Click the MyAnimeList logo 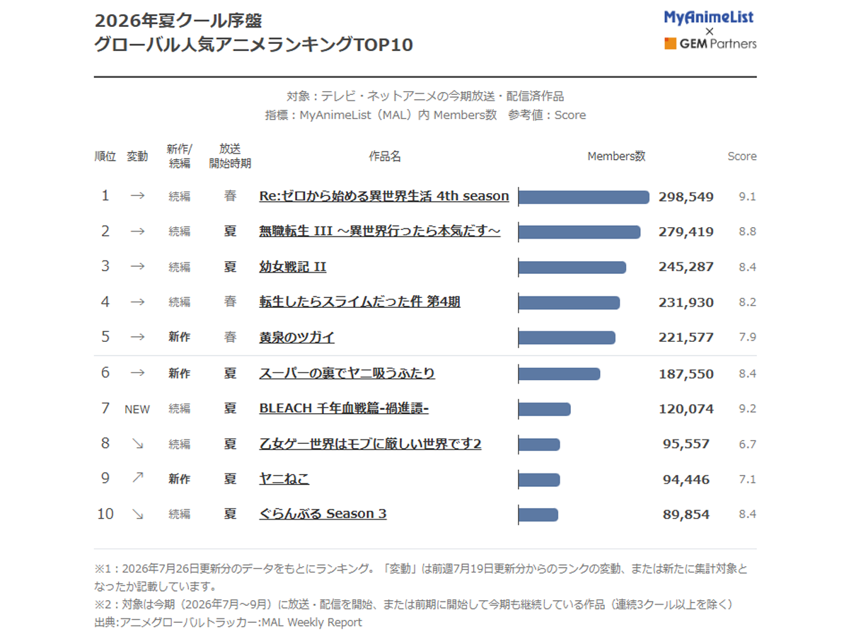(709, 18)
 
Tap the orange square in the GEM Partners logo (670, 43)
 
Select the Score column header (742, 156)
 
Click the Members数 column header (616, 156)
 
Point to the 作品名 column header (384, 156)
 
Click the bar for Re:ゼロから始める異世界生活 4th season (584, 197)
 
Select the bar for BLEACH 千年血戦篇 (545, 409)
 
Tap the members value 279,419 (686, 231)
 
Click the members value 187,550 (686, 374)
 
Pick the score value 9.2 (747, 409)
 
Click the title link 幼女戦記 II (293, 267)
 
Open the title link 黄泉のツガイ (296, 338)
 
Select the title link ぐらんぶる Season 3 (323, 514)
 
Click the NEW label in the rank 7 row (137, 409)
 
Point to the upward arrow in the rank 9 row (138, 478)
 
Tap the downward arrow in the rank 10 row (138, 514)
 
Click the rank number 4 (105, 302)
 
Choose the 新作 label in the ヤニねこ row (180, 479)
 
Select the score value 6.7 (747, 444)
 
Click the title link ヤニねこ (284, 479)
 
